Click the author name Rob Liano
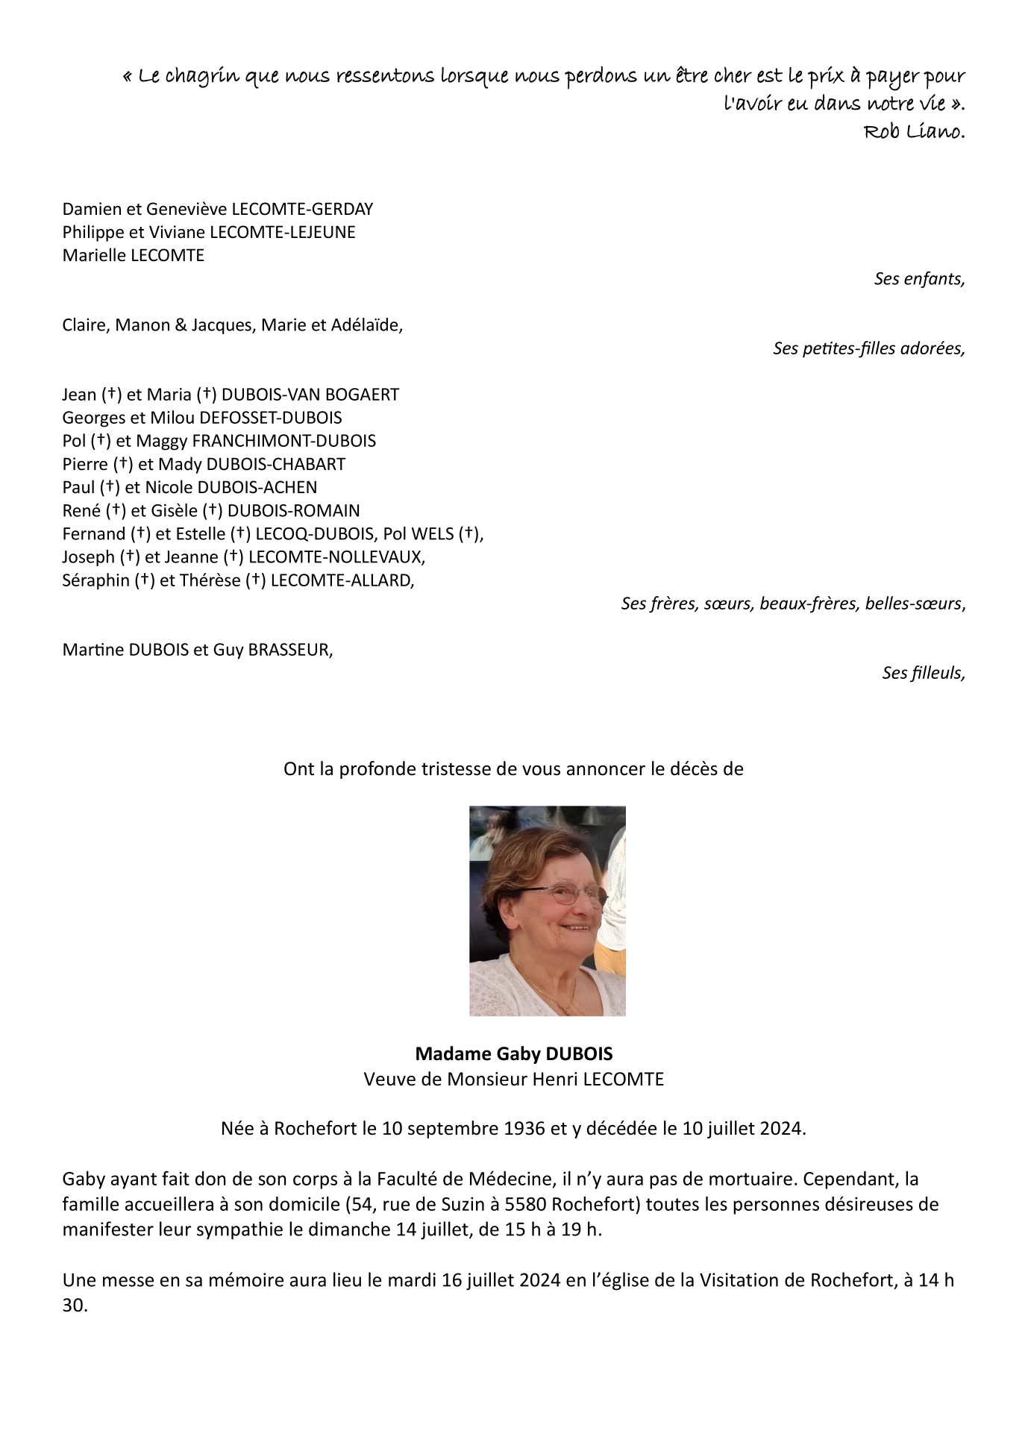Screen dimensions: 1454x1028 [x=914, y=132]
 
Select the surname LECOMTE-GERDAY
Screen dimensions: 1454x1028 [x=302, y=210]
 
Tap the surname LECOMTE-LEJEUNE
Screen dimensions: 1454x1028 [x=283, y=233]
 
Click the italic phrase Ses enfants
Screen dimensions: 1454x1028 [x=919, y=279]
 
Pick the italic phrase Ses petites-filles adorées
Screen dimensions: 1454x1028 [x=868, y=348]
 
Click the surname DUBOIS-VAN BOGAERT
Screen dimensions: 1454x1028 [x=310, y=395]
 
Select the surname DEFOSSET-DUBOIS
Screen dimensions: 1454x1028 [x=271, y=418]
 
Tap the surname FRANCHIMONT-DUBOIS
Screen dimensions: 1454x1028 [x=283, y=441]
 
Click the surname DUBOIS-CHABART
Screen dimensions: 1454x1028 [x=275, y=464]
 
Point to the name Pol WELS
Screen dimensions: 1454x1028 [x=419, y=534]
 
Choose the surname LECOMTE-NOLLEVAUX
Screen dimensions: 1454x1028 [x=336, y=557]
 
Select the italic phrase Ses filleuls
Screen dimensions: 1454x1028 [x=923, y=673]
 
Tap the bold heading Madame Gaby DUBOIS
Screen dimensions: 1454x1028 [x=514, y=1054]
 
